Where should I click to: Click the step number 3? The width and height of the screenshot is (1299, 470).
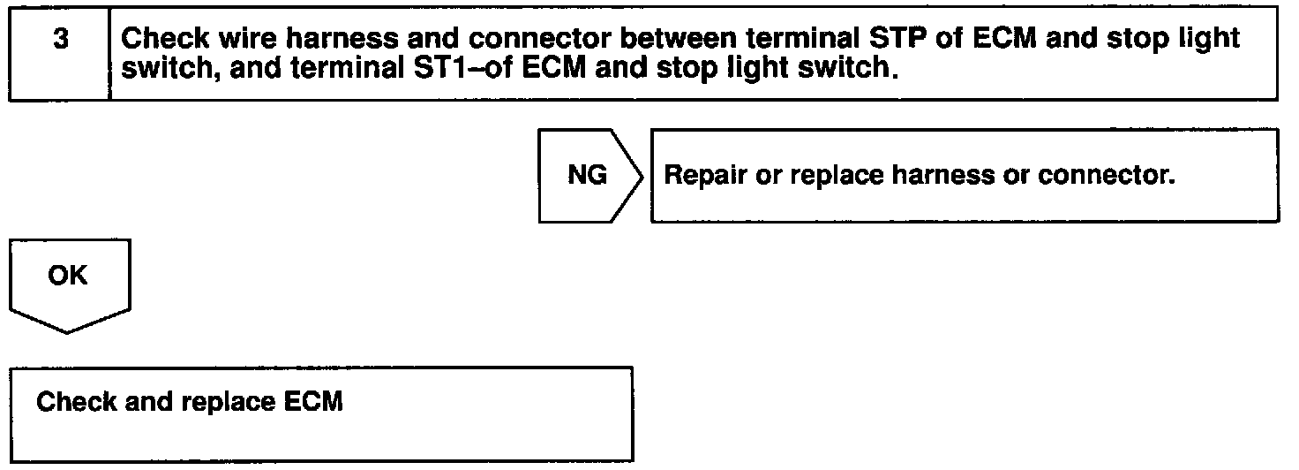(x=60, y=39)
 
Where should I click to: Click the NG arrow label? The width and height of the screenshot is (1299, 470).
(x=587, y=175)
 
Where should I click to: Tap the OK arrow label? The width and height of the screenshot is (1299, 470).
(x=68, y=275)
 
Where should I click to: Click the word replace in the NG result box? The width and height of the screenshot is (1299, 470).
(x=836, y=176)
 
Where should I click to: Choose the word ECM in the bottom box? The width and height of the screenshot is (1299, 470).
(x=314, y=401)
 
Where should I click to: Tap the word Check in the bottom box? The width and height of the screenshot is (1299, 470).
(x=76, y=401)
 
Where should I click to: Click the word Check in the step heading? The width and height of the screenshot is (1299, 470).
(x=165, y=38)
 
